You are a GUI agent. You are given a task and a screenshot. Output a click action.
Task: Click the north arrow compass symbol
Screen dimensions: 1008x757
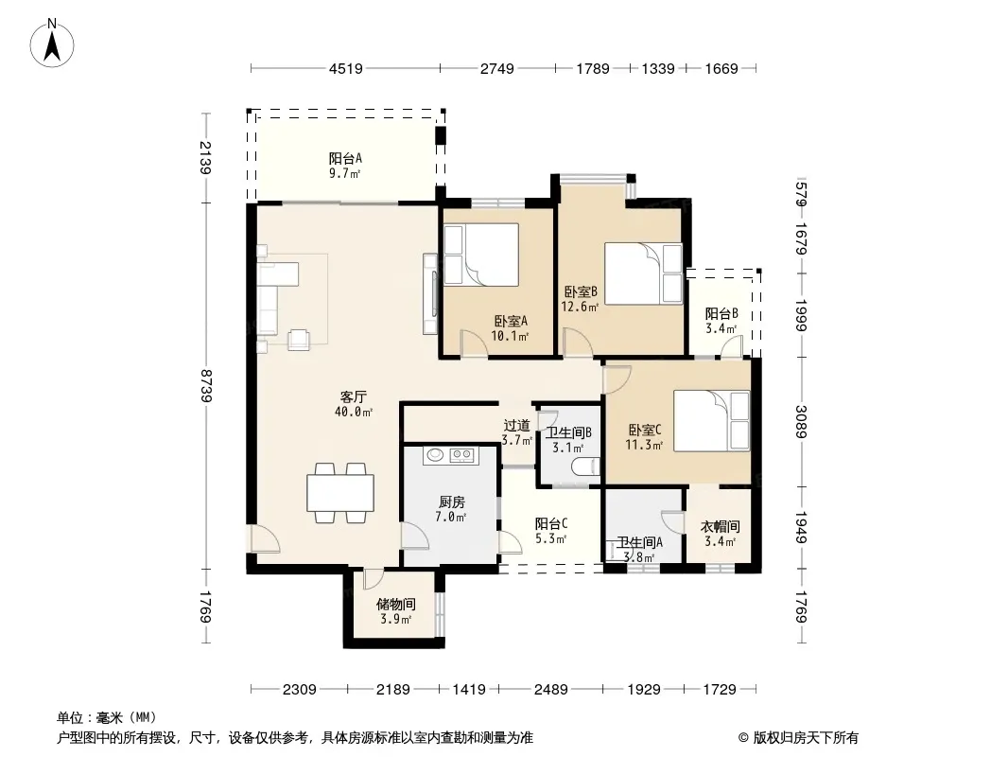tap(52, 44)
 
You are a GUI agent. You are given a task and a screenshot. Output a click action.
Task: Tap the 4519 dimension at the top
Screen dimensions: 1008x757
tap(346, 68)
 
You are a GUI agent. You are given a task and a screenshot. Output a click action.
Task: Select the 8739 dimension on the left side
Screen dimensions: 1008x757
tap(206, 385)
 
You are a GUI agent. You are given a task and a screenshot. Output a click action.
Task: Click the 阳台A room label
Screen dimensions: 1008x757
tap(345, 158)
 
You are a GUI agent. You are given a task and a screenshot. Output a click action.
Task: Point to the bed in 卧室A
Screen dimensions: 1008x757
tap(481, 254)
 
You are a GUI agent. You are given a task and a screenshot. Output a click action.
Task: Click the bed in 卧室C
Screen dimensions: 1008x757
tap(712, 420)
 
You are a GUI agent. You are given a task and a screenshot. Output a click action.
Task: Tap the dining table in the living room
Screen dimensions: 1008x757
tap(340, 493)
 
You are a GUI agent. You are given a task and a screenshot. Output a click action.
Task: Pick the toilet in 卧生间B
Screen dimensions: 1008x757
tap(587, 467)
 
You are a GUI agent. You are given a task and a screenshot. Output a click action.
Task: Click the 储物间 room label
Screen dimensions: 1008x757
tap(395, 605)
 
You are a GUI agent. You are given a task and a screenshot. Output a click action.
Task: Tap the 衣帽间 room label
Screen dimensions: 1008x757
tap(720, 527)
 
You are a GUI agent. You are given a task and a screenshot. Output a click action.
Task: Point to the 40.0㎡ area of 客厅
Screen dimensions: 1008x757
tap(354, 412)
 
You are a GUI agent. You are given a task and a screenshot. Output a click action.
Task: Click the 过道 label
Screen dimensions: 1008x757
tap(517, 425)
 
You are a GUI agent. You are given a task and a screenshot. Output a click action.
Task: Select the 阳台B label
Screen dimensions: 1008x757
tap(721, 314)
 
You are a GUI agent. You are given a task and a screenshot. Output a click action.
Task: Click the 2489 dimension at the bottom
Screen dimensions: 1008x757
tap(551, 690)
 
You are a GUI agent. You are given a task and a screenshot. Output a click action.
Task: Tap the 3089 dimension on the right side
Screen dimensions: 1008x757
tap(801, 421)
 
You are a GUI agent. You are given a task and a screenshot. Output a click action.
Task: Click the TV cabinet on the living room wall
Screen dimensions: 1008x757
tap(430, 294)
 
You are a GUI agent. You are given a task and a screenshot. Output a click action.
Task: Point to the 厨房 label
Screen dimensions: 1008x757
tap(451, 502)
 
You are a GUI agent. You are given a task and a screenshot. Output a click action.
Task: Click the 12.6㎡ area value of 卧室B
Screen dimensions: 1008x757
tap(580, 307)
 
